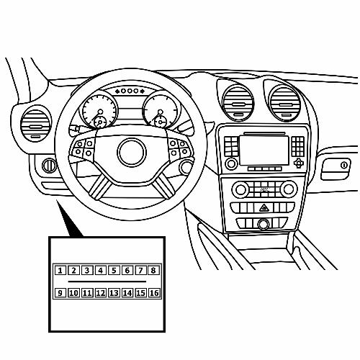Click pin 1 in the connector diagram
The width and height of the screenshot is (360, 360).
click(x=60, y=271)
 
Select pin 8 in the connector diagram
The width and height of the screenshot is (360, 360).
click(x=153, y=271)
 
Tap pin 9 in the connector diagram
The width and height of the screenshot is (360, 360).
click(x=60, y=293)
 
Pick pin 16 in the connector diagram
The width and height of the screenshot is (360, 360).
click(x=154, y=293)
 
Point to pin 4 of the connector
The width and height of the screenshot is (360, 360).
click(x=100, y=271)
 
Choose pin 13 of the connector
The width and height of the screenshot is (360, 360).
click(x=114, y=293)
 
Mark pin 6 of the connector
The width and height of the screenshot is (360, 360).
click(x=127, y=271)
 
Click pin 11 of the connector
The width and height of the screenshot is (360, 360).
click(x=87, y=293)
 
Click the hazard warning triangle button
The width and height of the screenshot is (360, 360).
click(x=264, y=207)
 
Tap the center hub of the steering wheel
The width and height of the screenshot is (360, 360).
click(x=132, y=152)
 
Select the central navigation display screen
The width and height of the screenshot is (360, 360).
click(x=264, y=150)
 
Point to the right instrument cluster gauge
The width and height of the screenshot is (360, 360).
click(x=161, y=110)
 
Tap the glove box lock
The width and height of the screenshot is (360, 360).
click(x=344, y=166)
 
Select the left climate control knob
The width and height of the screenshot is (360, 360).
click(x=240, y=189)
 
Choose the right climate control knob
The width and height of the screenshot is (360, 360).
click(x=289, y=189)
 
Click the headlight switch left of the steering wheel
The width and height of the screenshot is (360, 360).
click(x=49, y=166)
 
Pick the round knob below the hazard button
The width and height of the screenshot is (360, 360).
click(x=264, y=224)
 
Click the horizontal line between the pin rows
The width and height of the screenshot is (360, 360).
click(x=107, y=282)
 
